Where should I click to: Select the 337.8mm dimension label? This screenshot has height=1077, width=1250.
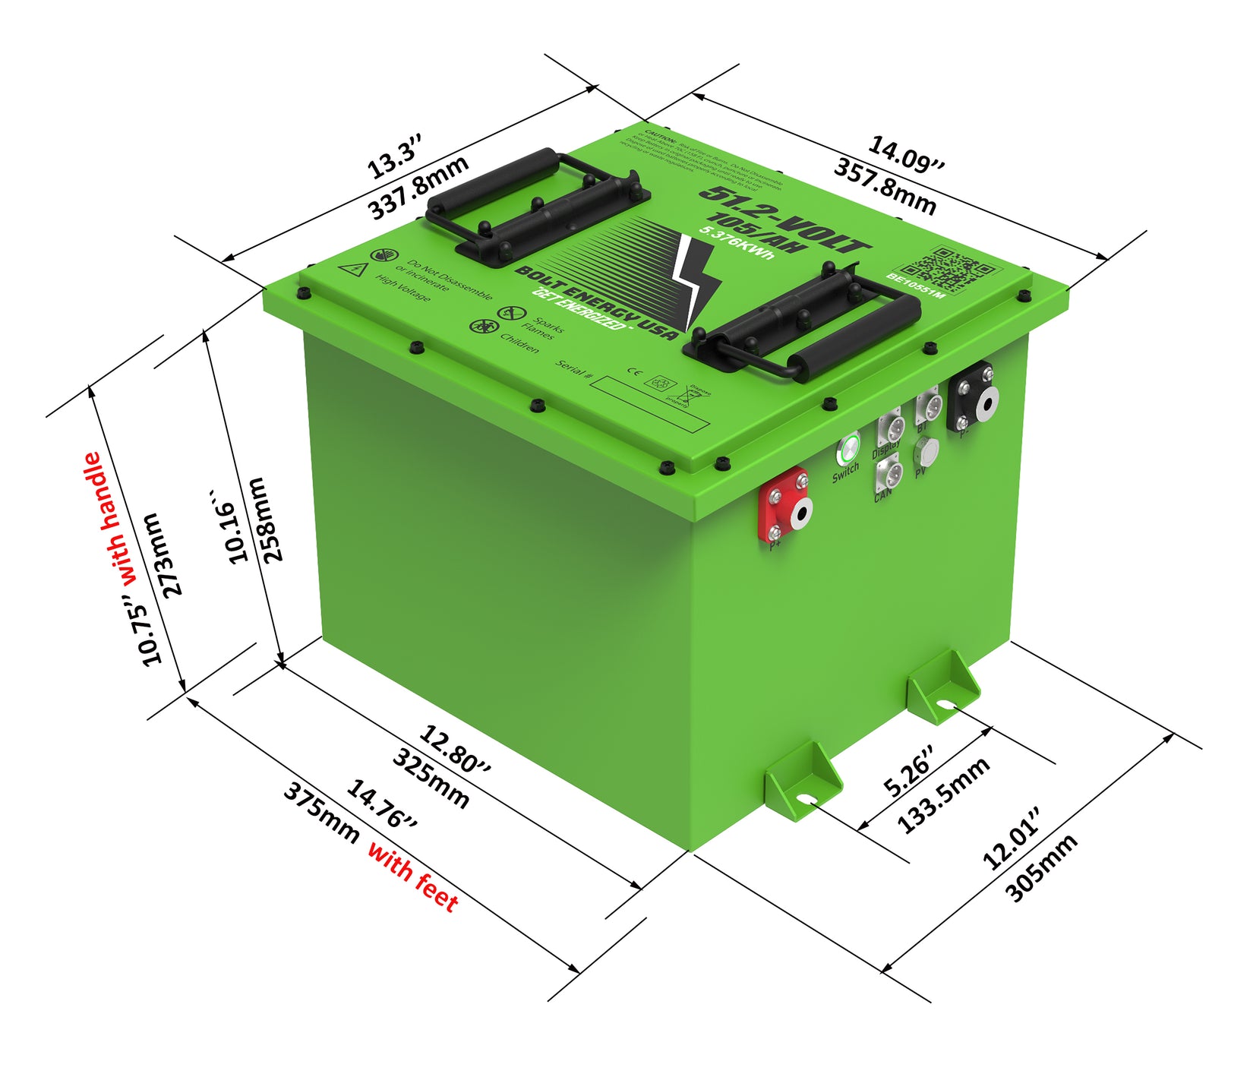(x=418, y=187)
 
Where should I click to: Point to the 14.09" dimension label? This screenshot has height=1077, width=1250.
(x=907, y=155)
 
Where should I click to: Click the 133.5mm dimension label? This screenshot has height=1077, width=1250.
(x=943, y=795)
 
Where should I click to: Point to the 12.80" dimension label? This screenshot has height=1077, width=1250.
(x=455, y=749)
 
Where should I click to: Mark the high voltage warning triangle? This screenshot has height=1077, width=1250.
(x=355, y=269)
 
